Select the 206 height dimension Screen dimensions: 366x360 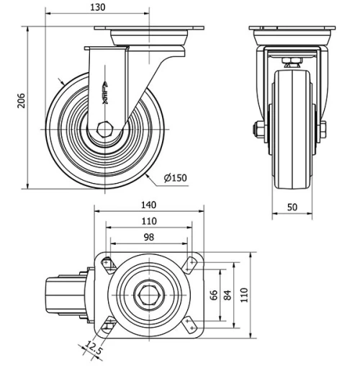21,102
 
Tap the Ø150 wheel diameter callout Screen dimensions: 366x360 176,178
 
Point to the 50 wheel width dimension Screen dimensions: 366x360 292,207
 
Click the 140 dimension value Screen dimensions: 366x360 148,205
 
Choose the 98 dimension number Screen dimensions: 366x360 148,237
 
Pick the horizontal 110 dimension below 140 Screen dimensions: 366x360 148,220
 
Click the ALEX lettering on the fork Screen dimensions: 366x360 106,92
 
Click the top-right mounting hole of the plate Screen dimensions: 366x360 190,264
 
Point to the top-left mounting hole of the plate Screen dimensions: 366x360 107,264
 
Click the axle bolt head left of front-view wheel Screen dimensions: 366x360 257,130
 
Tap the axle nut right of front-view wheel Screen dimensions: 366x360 322,130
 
